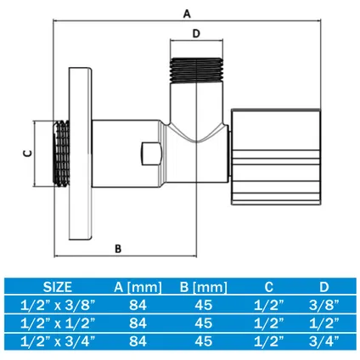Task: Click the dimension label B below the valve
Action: click(x=118, y=248)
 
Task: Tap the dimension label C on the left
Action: click(x=25, y=154)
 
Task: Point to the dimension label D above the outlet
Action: click(x=196, y=34)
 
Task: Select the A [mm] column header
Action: click(x=137, y=286)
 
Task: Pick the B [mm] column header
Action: click(x=205, y=286)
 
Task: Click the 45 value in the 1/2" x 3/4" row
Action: click(x=205, y=342)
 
